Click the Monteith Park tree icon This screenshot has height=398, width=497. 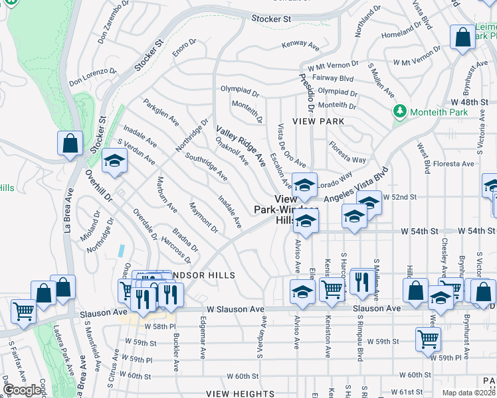coord(399,111)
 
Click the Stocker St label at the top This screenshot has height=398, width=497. coord(271,19)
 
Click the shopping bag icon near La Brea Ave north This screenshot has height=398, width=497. coord(70,144)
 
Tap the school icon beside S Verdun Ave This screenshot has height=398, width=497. coord(114,161)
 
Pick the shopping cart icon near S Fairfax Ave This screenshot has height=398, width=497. coord(23,310)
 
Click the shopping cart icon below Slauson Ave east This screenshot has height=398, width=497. coord(428,339)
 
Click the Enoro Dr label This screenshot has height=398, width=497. coord(185,46)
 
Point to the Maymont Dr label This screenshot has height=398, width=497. coord(203,218)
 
